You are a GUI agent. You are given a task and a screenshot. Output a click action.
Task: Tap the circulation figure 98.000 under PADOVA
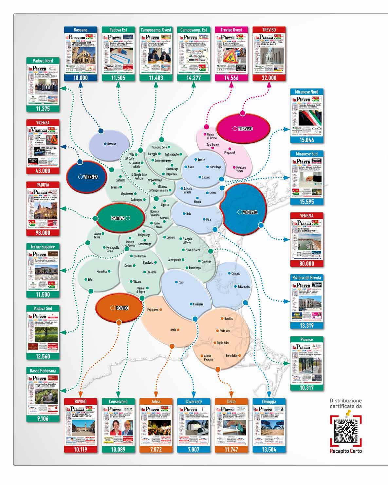tap(43, 233)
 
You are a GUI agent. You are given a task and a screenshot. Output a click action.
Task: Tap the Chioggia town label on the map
tap(235, 273)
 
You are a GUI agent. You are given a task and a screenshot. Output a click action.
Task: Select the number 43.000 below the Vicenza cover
tap(43, 171)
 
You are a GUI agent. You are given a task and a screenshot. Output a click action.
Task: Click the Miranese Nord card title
tap(307, 92)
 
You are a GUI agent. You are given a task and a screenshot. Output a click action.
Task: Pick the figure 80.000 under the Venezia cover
tap(307, 264)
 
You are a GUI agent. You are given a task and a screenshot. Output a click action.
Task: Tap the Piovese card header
tap(307, 340)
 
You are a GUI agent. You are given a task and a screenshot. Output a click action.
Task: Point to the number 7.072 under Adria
tap(156, 449)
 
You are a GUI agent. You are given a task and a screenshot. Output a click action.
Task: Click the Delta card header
tap(231, 401)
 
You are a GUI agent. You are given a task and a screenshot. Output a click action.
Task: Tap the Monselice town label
tap(102, 272)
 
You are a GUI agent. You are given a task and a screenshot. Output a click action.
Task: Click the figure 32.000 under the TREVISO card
tap(269, 78)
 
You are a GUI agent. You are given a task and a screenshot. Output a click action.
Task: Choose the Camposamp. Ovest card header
tap(156, 30)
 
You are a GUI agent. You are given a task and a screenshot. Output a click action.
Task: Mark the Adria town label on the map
tap(173, 330)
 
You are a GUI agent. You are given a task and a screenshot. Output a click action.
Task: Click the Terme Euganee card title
tap(43, 246)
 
